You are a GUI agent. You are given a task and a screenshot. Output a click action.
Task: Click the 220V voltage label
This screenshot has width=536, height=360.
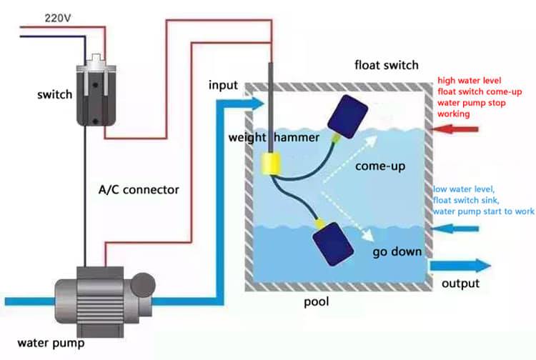(58, 18)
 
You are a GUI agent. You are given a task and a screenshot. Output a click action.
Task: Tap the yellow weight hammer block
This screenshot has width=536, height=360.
(271, 164)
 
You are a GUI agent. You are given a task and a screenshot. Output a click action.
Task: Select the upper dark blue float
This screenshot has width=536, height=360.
(347, 116)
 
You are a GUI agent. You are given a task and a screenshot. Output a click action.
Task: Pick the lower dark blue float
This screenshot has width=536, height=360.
(332, 244)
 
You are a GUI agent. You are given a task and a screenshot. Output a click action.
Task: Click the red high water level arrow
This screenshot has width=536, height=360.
(455, 129)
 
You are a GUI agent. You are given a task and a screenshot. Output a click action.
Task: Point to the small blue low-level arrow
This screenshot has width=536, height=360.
(455, 229)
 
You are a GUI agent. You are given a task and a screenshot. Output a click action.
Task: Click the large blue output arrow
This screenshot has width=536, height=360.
(460, 266)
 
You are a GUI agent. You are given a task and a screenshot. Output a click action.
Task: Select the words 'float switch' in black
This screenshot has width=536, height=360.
(386, 65)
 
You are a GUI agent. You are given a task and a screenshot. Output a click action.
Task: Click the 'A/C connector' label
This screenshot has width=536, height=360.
(139, 189)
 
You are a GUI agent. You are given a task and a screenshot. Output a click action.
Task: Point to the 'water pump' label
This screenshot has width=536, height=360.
(51, 343)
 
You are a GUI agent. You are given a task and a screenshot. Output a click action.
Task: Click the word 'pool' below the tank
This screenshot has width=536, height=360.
(316, 301)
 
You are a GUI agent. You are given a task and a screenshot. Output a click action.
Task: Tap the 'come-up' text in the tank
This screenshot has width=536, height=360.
(380, 166)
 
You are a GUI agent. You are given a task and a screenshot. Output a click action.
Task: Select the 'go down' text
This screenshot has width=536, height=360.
(397, 252)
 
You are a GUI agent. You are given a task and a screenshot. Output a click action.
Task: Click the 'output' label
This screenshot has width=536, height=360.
(460, 284)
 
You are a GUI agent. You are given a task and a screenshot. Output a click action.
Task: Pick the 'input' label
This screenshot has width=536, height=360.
(223, 85)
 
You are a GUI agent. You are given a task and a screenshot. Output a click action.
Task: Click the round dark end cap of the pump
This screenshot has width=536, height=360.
(143, 285)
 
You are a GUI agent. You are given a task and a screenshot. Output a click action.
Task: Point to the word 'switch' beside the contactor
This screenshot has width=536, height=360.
(55, 94)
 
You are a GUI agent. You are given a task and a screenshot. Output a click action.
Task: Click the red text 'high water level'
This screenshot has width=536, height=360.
(470, 81)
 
